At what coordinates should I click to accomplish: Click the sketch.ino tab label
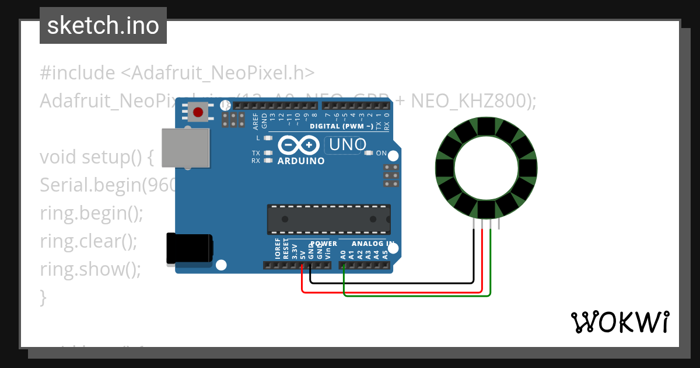(x=103, y=26)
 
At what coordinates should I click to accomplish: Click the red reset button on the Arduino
(x=198, y=112)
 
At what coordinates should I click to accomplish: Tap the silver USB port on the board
(x=185, y=148)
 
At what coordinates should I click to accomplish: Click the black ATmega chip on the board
(x=328, y=219)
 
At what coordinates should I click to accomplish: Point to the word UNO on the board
(x=348, y=144)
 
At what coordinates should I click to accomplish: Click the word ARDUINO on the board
(x=301, y=161)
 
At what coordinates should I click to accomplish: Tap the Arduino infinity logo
(x=299, y=145)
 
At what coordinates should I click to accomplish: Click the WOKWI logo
(x=619, y=322)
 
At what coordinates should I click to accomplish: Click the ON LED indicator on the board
(x=368, y=153)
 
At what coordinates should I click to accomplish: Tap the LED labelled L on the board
(x=268, y=138)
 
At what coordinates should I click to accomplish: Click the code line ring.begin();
(x=91, y=213)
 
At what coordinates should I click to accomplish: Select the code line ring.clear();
(x=89, y=241)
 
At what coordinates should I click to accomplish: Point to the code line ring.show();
(x=90, y=269)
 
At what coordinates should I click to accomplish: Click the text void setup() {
(x=96, y=157)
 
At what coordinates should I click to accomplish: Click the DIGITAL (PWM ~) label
(x=341, y=126)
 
